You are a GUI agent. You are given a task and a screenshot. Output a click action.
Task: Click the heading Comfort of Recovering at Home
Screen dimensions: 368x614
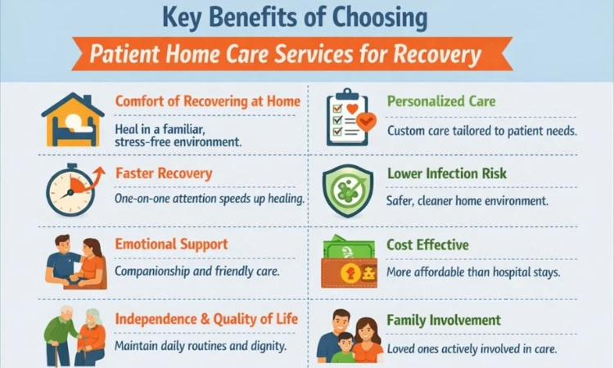click(207, 101)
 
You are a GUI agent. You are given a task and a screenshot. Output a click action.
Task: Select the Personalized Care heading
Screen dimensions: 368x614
click(441, 101)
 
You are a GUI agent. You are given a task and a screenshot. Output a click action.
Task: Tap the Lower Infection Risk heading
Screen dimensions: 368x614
click(446, 173)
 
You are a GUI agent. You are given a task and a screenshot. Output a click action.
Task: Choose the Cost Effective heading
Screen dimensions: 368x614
click(427, 245)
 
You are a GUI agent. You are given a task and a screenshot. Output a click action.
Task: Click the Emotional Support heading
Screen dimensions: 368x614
click(171, 245)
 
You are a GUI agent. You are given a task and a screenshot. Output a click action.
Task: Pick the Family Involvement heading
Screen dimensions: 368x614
click(444, 320)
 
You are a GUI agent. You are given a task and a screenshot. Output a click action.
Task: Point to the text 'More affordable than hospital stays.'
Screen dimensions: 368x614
click(473, 272)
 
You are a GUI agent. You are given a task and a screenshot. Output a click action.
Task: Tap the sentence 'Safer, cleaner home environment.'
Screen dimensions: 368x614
click(467, 200)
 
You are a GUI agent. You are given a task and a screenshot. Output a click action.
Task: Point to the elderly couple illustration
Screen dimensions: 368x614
click(74, 336)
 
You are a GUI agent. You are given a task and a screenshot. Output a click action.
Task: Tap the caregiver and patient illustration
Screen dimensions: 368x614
click(74, 263)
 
